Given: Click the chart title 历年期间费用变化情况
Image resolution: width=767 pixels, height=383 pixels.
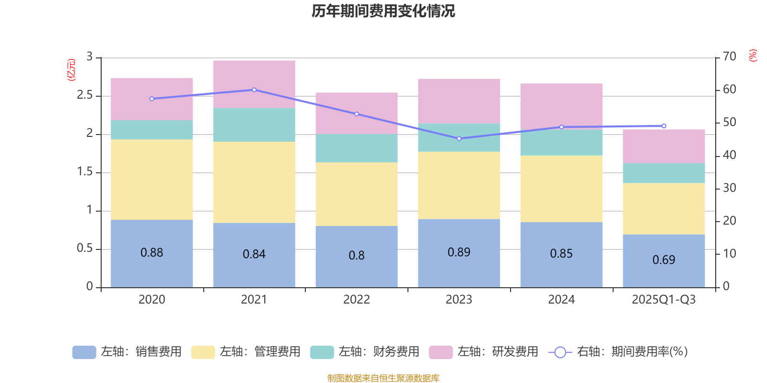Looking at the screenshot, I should point(383,11).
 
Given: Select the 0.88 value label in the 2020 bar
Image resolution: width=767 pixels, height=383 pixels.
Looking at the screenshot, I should point(151,252).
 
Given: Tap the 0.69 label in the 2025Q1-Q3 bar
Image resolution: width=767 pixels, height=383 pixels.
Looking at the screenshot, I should point(663,259).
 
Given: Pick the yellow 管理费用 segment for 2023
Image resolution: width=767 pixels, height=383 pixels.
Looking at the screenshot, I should point(459,185).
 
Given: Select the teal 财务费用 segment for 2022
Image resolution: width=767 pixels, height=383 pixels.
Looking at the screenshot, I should point(356,148).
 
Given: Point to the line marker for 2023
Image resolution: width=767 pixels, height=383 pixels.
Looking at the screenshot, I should point(459,138).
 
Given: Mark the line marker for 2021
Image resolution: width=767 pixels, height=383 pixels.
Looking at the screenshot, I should point(254,90).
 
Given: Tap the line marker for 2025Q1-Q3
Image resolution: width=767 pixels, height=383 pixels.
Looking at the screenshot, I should point(663,126).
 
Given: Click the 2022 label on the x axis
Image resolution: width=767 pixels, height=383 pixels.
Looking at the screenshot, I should point(356,299).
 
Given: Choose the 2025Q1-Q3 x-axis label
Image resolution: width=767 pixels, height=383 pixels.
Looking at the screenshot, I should point(663,299).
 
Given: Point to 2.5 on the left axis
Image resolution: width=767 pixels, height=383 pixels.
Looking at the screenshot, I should point(85,95).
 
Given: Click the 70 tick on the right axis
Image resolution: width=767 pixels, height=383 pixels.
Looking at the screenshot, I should point(729,56).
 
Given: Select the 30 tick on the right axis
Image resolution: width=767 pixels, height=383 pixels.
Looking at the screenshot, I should point(729,188).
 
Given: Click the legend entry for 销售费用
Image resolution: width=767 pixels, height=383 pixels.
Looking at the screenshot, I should point(127,352).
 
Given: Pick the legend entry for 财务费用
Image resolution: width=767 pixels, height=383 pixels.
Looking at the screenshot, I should point(365,352).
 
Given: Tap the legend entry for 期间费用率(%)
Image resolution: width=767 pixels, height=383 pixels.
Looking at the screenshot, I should point(618,352).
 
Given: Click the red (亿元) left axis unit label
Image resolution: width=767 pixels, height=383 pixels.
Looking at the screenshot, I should point(71,70).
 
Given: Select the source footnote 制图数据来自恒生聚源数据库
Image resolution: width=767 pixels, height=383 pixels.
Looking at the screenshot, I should point(383,378).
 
